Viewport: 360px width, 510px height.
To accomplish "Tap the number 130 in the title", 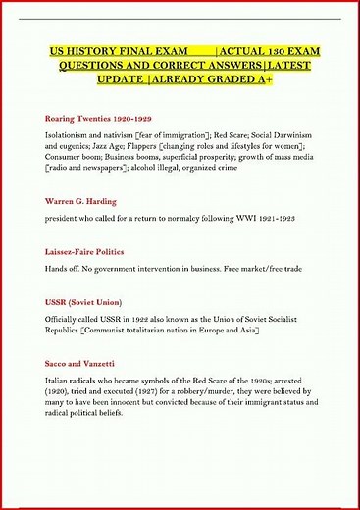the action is pyautogui.click(x=271, y=50).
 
